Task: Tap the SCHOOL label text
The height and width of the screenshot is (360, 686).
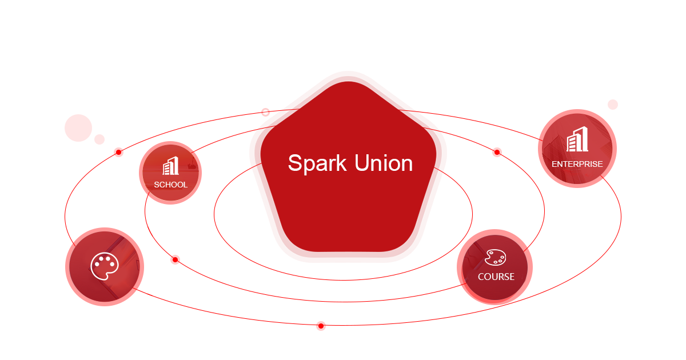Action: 170,185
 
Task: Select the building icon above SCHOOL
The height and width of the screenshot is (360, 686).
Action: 171,166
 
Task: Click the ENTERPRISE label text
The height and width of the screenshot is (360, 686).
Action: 577,164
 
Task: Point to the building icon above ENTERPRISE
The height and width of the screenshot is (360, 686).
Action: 577,140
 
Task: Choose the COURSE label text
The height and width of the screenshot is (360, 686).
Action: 496,277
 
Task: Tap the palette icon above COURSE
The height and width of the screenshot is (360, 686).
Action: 495,258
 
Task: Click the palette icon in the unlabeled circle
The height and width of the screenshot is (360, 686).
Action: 103,266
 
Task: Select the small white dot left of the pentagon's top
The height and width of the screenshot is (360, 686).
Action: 265,112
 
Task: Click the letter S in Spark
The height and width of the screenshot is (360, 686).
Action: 294,163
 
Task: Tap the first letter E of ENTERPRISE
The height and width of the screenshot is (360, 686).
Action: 555,164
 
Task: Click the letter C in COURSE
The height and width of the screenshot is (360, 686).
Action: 481,277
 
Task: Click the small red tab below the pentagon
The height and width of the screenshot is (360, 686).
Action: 321,327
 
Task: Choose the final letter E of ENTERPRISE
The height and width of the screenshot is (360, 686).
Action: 600,164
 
